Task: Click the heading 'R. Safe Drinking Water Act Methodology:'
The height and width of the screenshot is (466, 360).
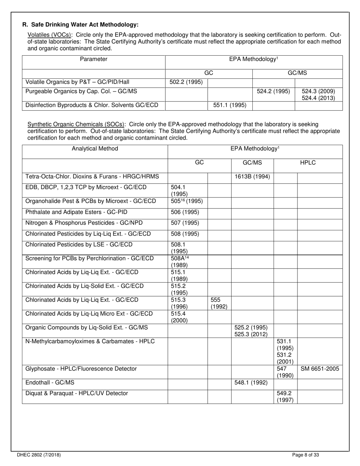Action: coord(80,25)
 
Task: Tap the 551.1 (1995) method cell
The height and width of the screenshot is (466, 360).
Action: coord(230,105)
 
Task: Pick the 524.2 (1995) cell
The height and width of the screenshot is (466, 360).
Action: coord(273,91)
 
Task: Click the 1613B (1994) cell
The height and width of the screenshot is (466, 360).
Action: coord(252,176)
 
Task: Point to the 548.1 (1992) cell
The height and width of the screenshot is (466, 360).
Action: coord(252,383)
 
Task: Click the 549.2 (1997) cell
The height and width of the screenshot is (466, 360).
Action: coord(285,397)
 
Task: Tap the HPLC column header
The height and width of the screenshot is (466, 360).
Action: coord(308,163)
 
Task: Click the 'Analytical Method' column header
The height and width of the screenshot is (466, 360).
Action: coord(95,149)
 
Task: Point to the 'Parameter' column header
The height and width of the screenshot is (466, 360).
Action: coord(94,59)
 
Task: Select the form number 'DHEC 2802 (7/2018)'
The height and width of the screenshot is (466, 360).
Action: coord(39,455)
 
